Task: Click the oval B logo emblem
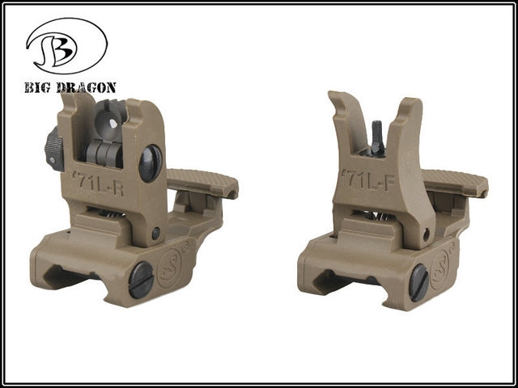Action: (x=66, y=45)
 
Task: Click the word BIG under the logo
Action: (x=37, y=88)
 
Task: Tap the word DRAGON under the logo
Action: (x=86, y=88)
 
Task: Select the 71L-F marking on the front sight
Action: (x=368, y=180)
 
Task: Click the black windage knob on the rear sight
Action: (x=54, y=149)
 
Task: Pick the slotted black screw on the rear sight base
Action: (x=141, y=280)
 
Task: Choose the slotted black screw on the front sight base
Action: (x=419, y=283)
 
